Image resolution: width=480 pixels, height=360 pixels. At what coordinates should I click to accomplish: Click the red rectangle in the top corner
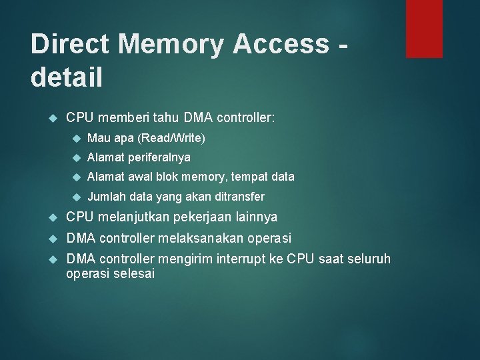click(x=424, y=28)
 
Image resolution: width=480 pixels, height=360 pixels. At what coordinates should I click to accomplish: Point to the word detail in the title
click(x=67, y=77)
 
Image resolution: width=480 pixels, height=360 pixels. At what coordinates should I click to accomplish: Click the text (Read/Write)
click(x=171, y=139)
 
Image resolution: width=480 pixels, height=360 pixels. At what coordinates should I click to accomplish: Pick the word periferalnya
click(x=159, y=157)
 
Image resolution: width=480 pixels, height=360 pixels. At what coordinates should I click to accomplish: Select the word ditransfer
click(x=238, y=197)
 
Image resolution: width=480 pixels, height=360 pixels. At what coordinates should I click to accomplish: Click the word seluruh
click(x=369, y=259)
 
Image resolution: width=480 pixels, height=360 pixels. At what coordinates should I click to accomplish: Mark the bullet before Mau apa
click(x=76, y=139)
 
